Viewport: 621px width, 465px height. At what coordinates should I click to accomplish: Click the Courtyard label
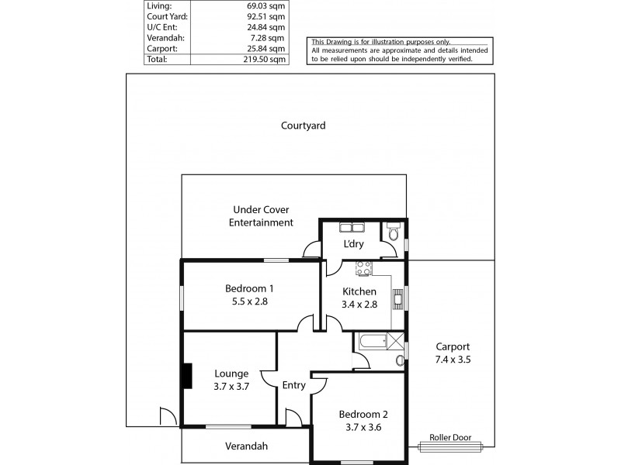point(303,125)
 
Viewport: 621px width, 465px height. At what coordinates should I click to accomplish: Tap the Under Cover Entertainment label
point(261,216)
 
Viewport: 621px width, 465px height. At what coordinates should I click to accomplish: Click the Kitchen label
point(359,291)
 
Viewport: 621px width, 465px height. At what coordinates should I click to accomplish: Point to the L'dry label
point(354,244)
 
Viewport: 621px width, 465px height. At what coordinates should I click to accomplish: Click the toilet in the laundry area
point(394,232)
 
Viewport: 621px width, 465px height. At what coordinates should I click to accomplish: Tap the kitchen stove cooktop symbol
point(363,268)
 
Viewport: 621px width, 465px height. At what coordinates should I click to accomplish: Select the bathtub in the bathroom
point(372,340)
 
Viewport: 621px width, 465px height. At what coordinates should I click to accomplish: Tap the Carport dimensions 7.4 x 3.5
point(453,360)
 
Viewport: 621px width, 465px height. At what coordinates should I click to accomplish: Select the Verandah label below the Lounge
point(246,446)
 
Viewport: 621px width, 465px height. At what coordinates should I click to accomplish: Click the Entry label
point(293,385)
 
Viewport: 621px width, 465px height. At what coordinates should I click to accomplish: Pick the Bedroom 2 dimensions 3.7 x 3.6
point(358,427)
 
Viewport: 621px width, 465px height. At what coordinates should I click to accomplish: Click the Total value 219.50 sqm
point(264,58)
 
